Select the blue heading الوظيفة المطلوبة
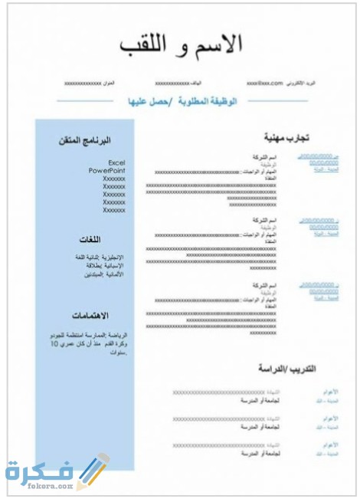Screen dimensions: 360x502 click(208, 101)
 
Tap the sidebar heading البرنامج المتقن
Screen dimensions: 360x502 click(85, 141)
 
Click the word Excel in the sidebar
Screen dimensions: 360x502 click(116, 162)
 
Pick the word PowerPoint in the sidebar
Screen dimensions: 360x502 click(106, 170)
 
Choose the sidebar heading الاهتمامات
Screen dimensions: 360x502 click(90, 316)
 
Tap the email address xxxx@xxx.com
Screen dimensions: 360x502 click(265, 82)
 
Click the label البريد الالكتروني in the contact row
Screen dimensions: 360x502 click(306, 82)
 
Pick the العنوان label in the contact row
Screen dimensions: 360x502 click(110, 82)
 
